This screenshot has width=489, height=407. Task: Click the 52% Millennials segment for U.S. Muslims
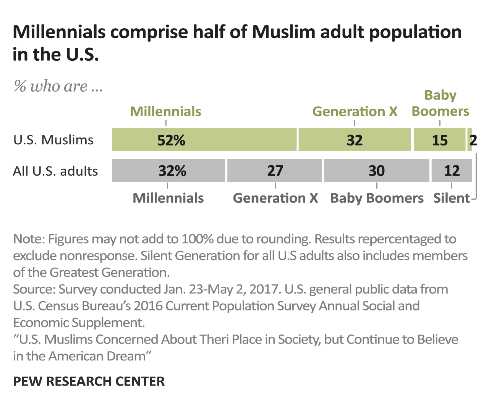pos(204,140)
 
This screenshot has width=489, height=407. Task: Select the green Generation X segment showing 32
pos(355,140)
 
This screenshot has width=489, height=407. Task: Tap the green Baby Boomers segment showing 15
pos(439,140)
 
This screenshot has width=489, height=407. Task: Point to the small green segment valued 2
pos(470,140)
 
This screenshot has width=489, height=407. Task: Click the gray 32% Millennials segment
pos(168,170)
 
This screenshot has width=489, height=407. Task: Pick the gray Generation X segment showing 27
pos(275,170)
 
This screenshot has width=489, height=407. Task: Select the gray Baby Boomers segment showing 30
pos(377,170)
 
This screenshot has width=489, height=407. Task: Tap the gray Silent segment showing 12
pos(452,170)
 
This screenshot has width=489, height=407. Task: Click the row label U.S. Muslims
pos(53,140)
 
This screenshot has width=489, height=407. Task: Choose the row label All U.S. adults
pos(55,171)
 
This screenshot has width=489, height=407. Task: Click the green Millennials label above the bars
pos(165,111)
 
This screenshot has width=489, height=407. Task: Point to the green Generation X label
pos(355,111)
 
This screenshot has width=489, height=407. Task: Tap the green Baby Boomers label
pos(440,103)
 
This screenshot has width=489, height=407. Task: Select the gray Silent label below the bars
pos(451,198)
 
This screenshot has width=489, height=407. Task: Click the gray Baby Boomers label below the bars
pos(377,198)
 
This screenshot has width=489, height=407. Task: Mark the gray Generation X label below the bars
pos(275,198)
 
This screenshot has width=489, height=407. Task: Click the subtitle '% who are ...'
pos(58,86)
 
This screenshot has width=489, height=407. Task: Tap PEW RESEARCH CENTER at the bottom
pos(89,381)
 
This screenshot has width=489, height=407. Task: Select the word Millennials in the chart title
pos(59,32)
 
